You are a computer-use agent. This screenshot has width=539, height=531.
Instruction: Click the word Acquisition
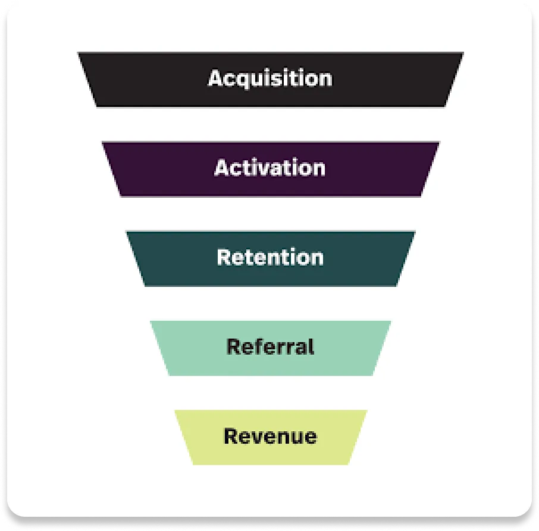(269, 78)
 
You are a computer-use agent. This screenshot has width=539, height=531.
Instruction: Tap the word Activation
(269, 168)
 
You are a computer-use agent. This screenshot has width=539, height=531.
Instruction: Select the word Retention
(270, 257)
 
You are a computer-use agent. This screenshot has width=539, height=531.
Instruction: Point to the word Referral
(270, 346)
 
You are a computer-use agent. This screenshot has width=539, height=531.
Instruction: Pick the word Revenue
(270, 437)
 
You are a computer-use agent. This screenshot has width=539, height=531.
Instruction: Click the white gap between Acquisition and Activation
(269, 124)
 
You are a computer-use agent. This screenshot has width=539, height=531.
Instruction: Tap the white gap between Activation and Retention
(269, 214)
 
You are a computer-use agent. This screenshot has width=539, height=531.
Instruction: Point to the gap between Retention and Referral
(269, 304)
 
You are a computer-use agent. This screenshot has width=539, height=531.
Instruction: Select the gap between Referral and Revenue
(269, 393)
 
